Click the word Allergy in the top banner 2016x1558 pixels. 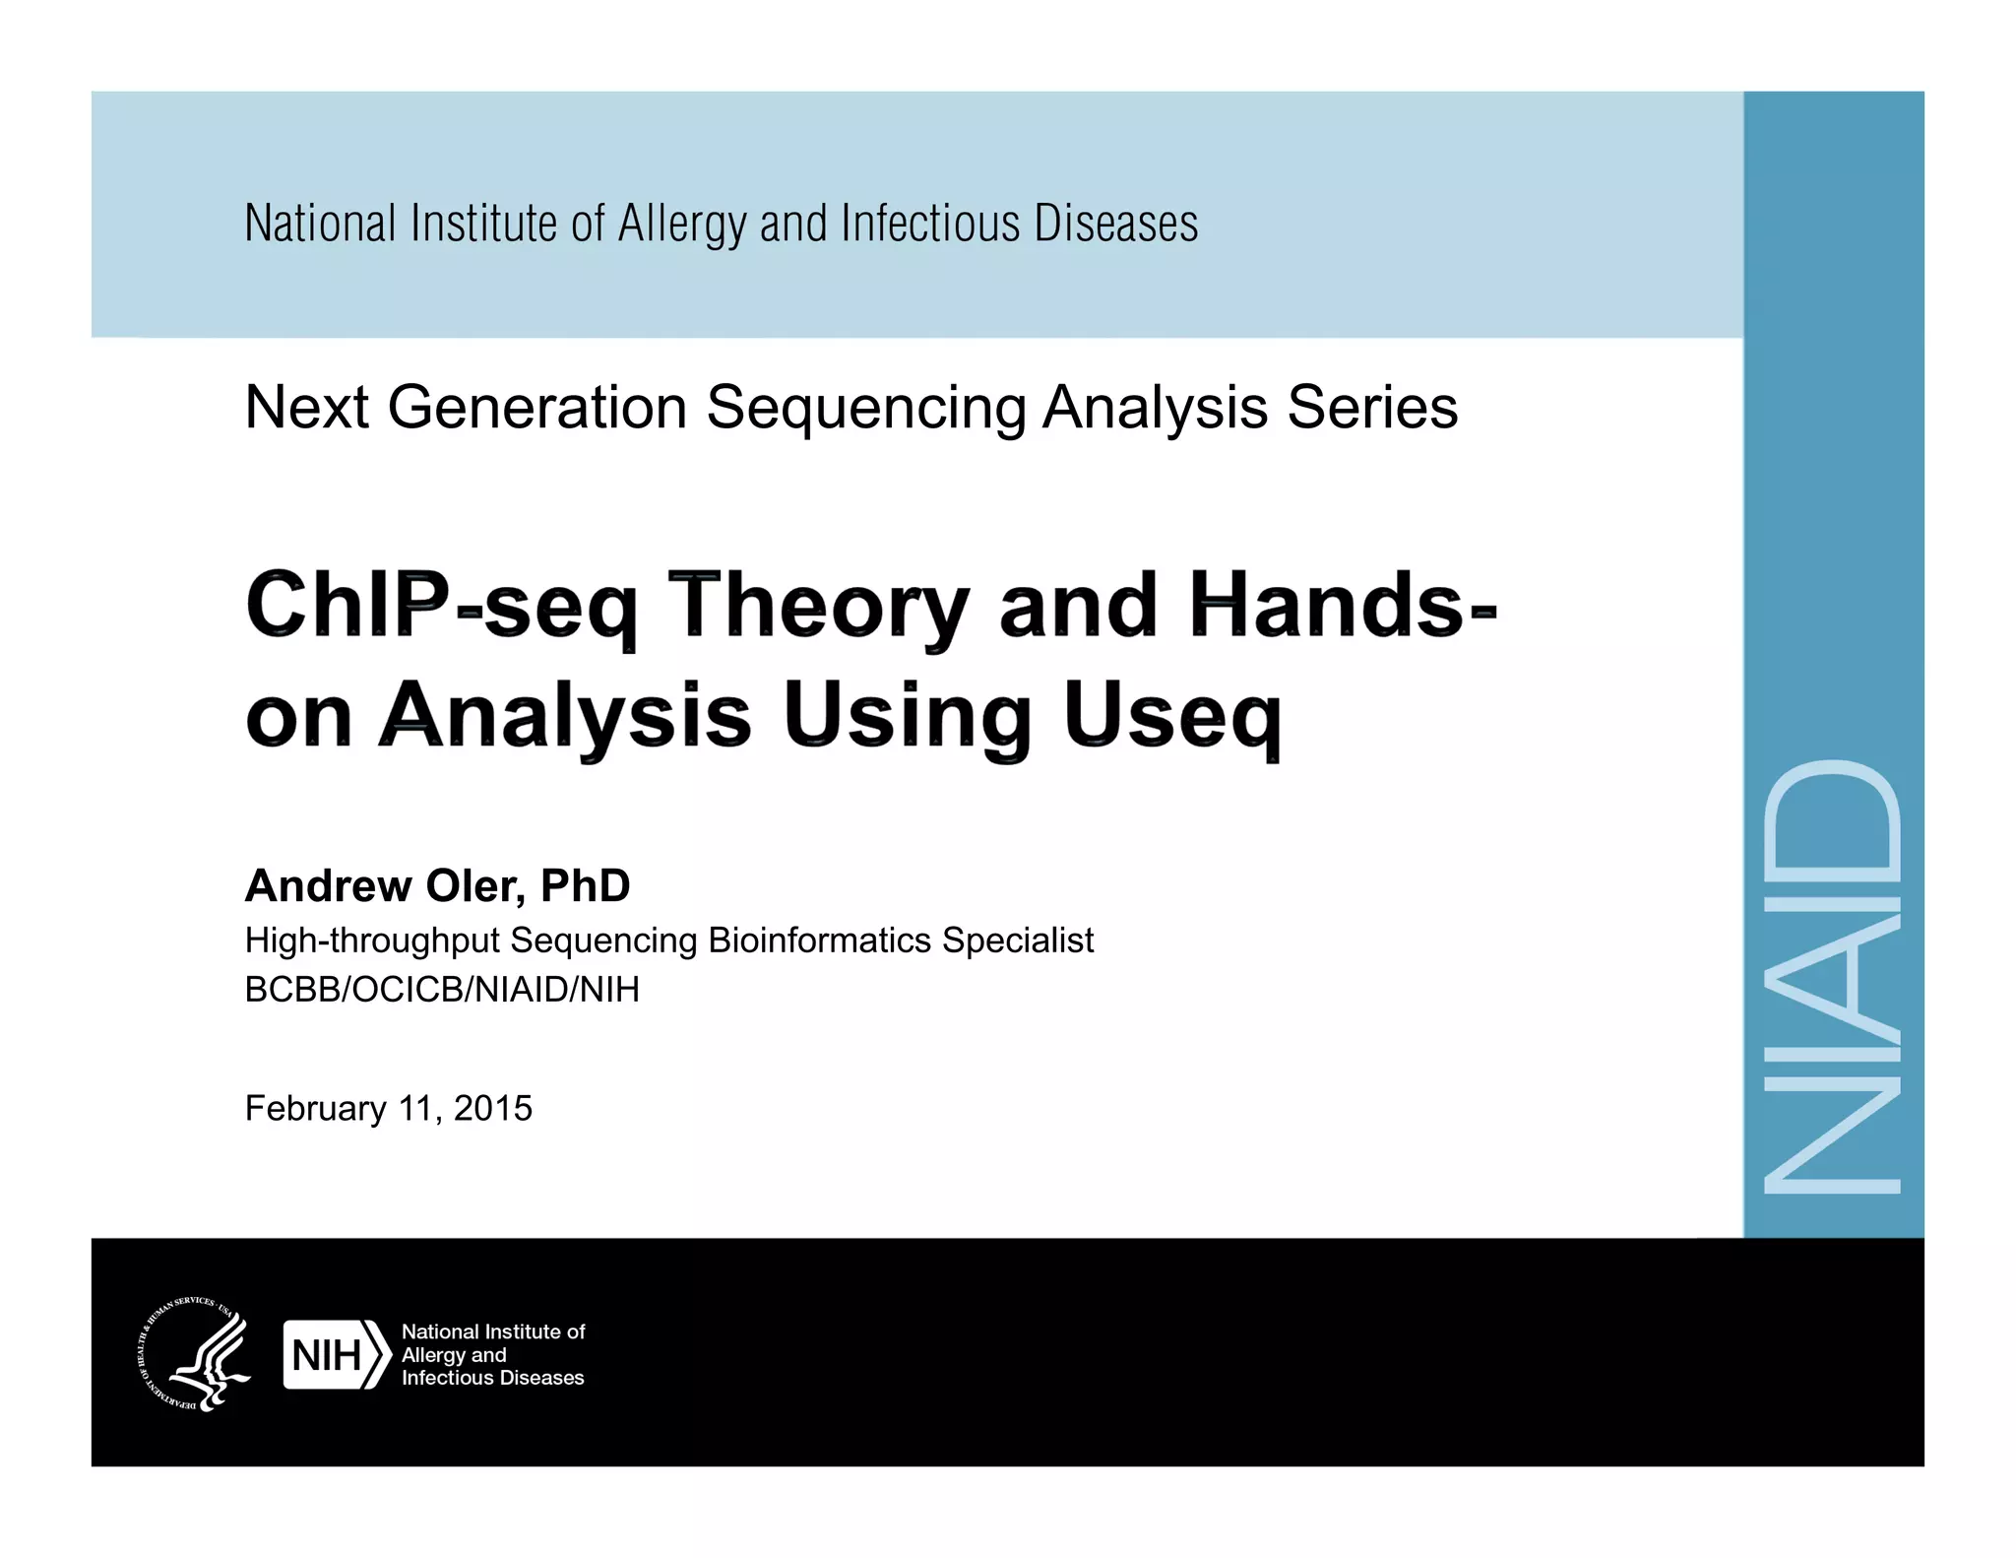click(681, 225)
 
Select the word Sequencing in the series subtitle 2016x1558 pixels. click(866, 407)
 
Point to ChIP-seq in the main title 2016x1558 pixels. click(441, 604)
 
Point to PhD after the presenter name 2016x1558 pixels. click(585, 885)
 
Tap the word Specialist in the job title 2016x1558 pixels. click(1018, 941)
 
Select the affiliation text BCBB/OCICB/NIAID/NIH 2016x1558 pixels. click(442, 989)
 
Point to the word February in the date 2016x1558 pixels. click(315, 1108)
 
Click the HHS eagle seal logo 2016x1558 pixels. click(193, 1354)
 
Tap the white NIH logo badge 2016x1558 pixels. click(335, 1355)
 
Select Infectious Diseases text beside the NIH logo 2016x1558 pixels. click(492, 1378)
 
